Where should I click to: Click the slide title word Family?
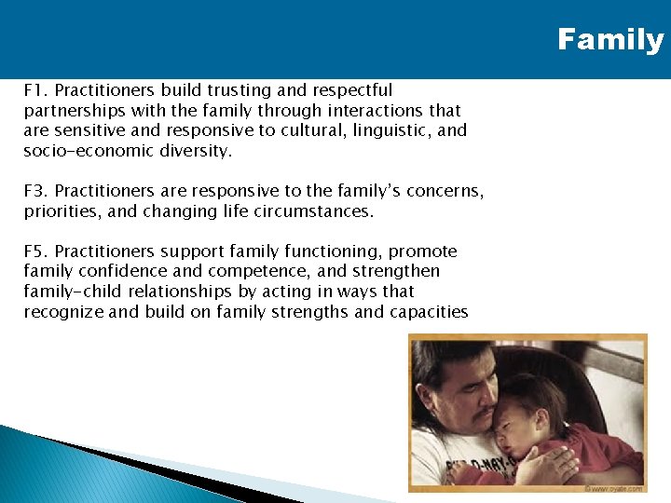point(610,40)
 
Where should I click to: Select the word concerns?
point(444,191)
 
